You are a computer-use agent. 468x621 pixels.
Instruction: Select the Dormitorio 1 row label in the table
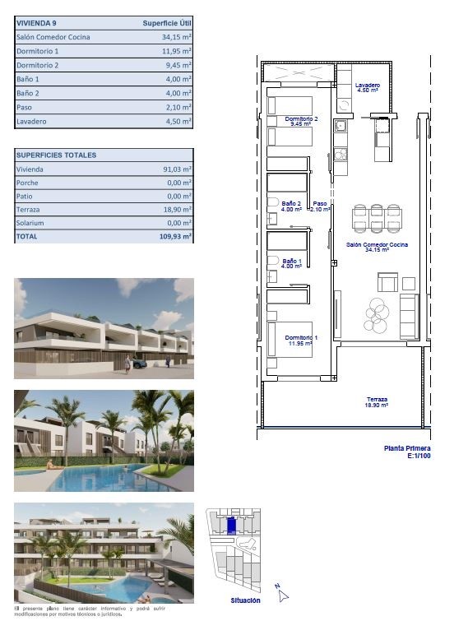[38, 51]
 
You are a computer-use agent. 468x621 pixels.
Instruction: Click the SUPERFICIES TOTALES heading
[57, 155]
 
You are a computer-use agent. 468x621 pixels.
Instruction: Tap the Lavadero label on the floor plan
[368, 87]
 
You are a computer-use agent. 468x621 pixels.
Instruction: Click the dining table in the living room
[378, 218]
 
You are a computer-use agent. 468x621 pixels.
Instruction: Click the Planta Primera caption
[407, 448]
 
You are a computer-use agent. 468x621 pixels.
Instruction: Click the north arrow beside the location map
[280, 590]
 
